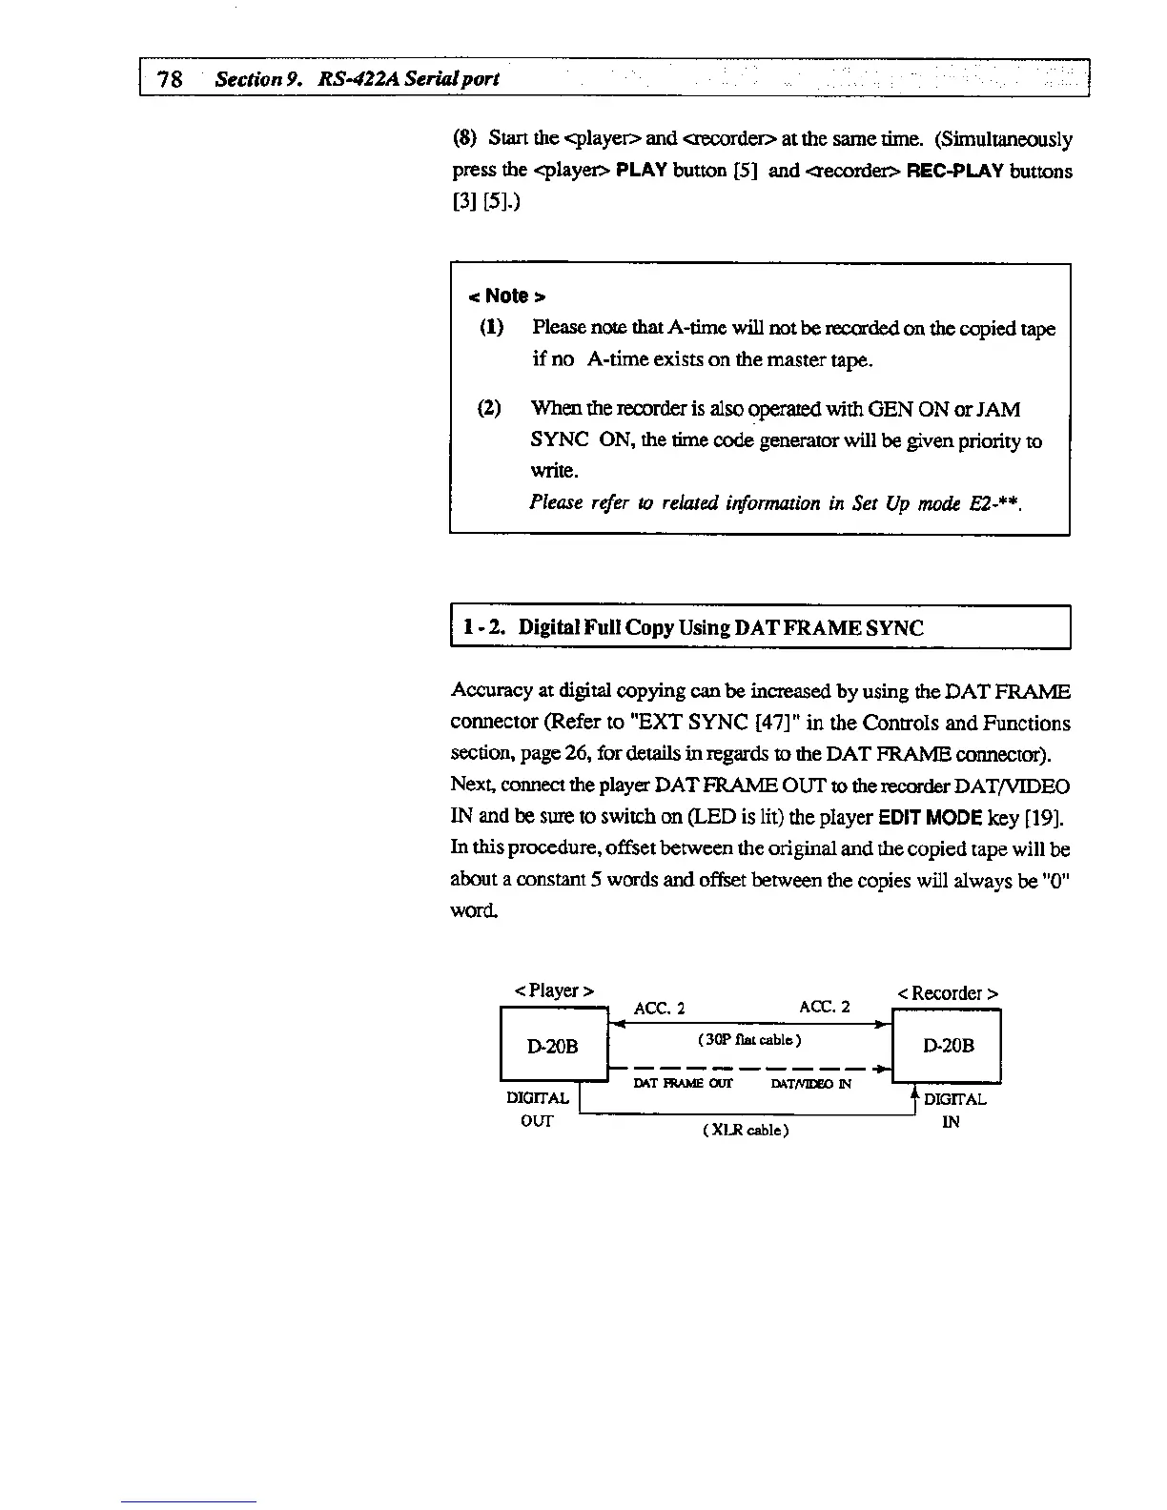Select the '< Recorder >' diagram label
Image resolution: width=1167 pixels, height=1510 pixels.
click(x=947, y=993)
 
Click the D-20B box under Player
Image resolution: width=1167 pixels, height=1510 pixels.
click(x=553, y=1046)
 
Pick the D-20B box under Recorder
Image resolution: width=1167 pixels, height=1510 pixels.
click(x=948, y=1046)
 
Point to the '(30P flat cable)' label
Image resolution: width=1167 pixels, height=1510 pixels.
click(x=748, y=1039)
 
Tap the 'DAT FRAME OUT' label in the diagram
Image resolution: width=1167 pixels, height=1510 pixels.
click(x=683, y=1084)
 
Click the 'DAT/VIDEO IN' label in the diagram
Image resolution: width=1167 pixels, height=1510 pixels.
click(x=810, y=1084)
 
